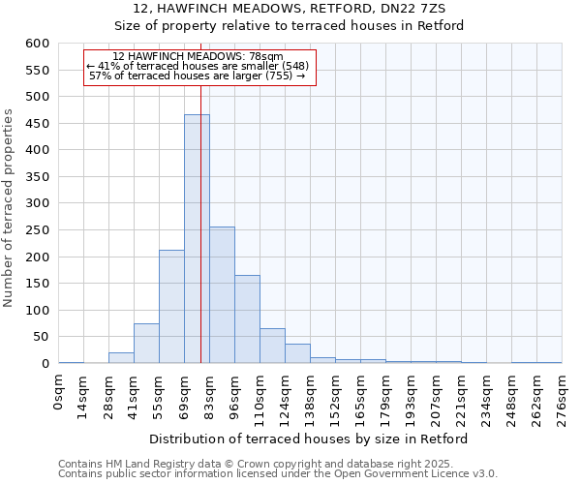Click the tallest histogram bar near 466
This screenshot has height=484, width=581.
(x=197, y=239)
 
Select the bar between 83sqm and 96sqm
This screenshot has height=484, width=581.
(x=222, y=295)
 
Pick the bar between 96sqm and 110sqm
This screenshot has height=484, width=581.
(x=247, y=319)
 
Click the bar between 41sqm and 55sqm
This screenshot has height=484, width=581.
(x=146, y=344)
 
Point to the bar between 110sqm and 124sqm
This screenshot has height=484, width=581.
(x=272, y=346)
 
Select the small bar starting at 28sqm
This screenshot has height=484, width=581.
(x=121, y=358)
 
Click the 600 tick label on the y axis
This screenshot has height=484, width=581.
(x=37, y=44)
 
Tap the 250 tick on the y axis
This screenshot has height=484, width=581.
(x=37, y=230)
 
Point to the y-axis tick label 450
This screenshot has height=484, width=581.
(x=37, y=124)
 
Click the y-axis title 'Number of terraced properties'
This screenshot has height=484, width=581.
(x=9, y=207)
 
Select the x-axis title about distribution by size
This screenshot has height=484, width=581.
(x=309, y=439)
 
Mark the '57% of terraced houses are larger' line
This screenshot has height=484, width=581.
(x=197, y=76)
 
